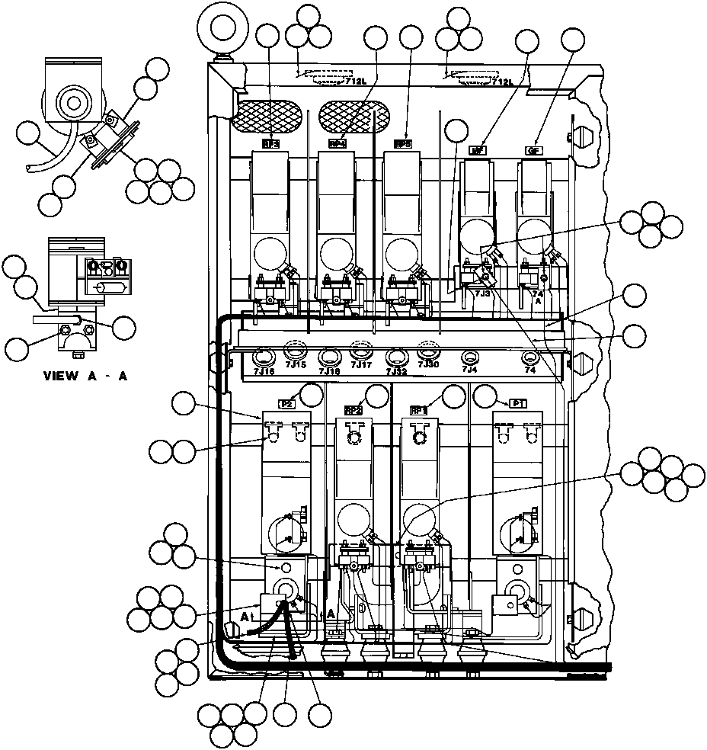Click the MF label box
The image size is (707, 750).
(478, 150)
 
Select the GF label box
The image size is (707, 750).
(534, 150)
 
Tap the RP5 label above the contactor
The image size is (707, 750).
(402, 144)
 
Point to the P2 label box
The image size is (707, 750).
(286, 405)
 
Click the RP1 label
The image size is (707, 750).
(419, 409)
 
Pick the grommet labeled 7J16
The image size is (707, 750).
(264, 356)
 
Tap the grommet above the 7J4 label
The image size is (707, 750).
(470, 357)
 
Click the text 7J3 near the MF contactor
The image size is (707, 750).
(482, 293)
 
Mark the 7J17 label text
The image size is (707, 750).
(361, 364)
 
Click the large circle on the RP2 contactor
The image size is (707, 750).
(352, 518)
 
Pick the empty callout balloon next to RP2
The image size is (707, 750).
(376, 396)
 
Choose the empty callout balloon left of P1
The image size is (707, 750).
(485, 396)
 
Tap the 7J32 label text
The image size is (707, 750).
(396, 371)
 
